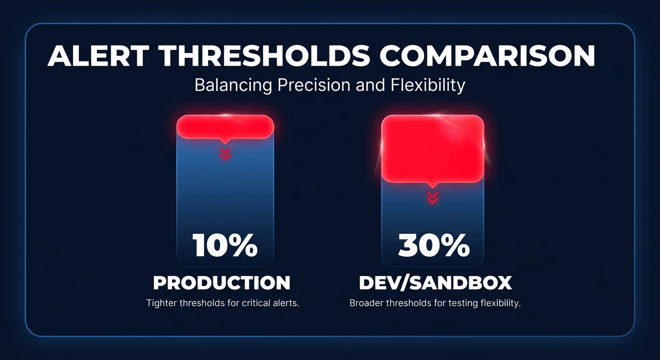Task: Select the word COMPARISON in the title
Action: [x=487, y=56]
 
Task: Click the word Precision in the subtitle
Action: [x=314, y=85]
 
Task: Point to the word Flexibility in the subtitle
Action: [x=427, y=85]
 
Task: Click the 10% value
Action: [x=225, y=245]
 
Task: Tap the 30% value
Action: [x=433, y=245]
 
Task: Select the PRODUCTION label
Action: [x=222, y=283]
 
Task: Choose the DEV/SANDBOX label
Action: [x=435, y=283]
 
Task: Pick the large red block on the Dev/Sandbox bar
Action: [x=433, y=148]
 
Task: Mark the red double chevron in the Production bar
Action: [x=225, y=154]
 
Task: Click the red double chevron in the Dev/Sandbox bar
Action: [x=433, y=198]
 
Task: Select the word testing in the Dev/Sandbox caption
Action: [x=462, y=303]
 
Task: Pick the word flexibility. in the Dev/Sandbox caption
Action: [x=501, y=303]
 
